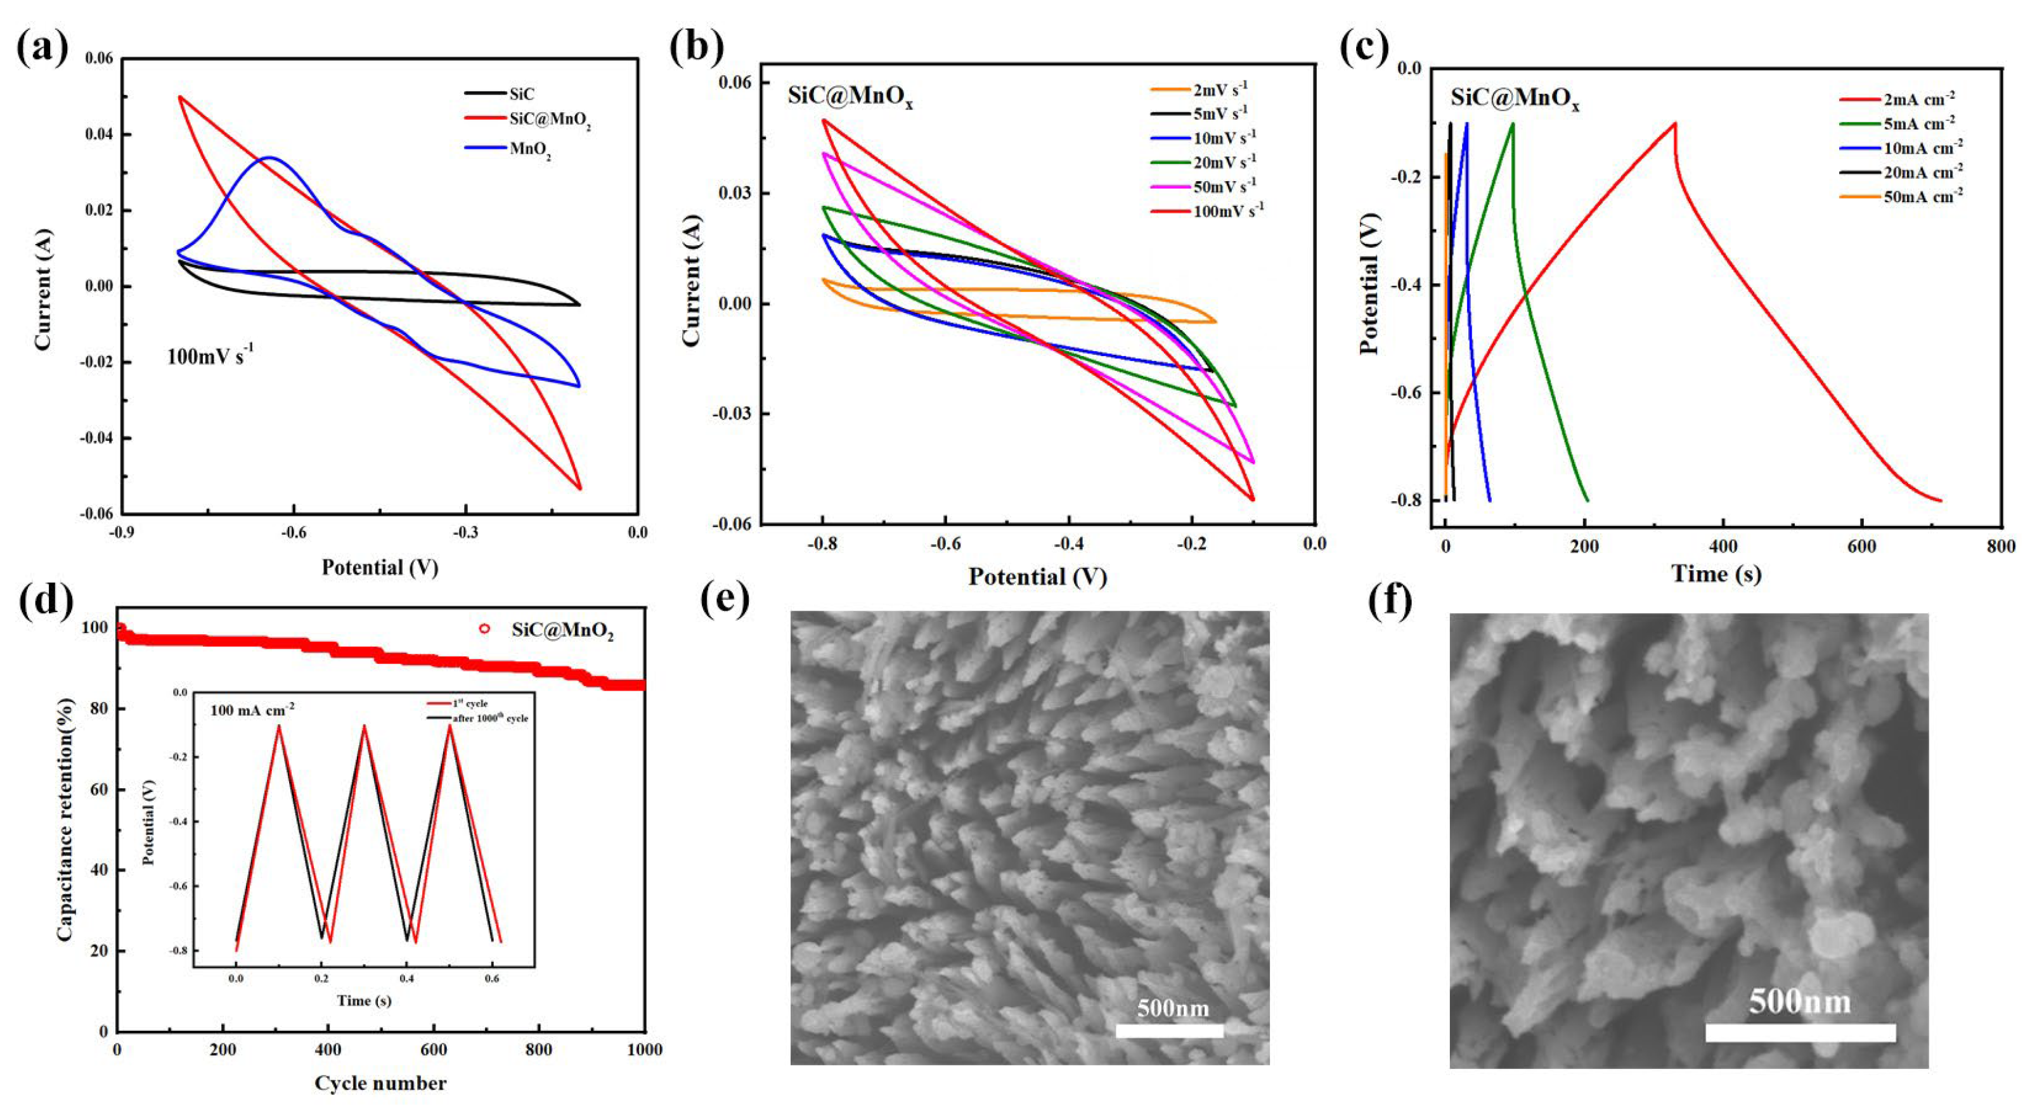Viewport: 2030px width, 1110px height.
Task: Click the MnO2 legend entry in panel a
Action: coord(529,149)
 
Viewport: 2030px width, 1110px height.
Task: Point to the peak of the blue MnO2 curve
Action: coord(269,158)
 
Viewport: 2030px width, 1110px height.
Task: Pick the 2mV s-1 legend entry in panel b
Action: coord(1220,89)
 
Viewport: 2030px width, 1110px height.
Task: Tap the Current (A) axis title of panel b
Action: coord(692,279)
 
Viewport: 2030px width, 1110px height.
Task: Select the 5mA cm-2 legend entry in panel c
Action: coord(1918,124)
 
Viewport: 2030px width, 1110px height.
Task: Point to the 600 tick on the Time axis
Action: coord(1861,547)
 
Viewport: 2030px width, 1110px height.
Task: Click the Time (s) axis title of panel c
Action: coord(1716,573)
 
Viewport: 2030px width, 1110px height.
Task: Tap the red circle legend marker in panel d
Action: coord(484,628)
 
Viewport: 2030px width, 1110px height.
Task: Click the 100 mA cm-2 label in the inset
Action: coord(252,708)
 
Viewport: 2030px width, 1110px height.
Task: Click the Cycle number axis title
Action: coord(380,1083)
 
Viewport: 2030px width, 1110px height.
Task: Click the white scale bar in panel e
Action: coord(1170,1030)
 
